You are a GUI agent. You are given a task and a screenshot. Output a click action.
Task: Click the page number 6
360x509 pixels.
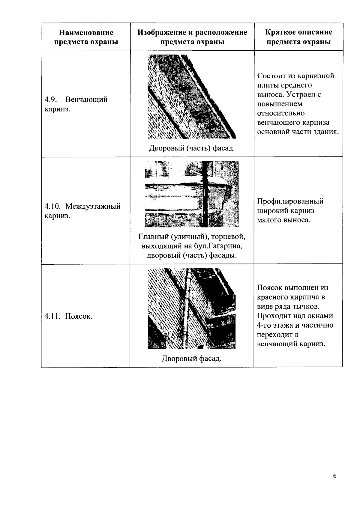click(x=334, y=476)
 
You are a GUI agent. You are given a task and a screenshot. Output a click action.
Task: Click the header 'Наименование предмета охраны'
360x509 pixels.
click(x=86, y=37)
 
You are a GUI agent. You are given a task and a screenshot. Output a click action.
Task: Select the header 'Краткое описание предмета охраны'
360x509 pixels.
click(x=299, y=37)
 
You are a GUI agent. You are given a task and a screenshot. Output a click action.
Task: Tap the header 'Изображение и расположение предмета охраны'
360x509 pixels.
click(x=192, y=37)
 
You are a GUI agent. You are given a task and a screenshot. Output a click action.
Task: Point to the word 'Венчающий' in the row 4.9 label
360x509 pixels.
click(x=86, y=99)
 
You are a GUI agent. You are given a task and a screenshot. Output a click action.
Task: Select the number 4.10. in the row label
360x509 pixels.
click(x=53, y=206)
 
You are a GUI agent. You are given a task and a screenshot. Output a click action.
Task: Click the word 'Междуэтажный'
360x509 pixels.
click(x=93, y=206)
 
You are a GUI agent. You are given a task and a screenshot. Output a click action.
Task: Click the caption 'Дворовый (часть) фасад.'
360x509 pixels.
click(x=192, y=148)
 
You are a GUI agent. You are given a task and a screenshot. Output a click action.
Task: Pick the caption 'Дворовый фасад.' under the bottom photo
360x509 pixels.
click(x=192, y=358)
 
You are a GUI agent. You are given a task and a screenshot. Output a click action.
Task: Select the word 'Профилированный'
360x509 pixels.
click(x=290, y=201)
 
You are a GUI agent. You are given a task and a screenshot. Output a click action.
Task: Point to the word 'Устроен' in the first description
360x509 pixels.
click(x=300, y=94)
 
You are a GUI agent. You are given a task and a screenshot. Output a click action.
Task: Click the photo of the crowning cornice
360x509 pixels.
click(x=192, y=97)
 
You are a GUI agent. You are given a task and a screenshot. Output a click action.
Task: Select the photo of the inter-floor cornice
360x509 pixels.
click(x=192, y=194)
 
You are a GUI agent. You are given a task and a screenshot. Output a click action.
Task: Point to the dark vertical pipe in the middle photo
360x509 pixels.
click(x=205, y=194)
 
